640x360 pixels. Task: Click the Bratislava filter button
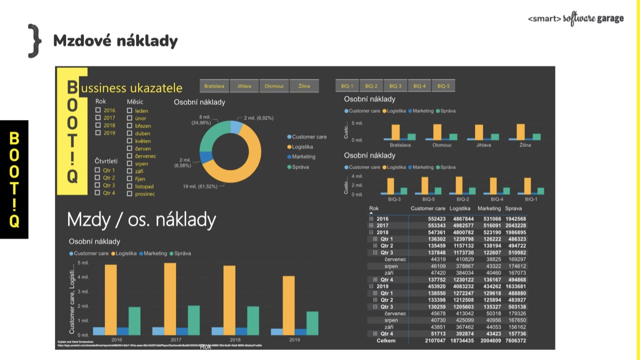[x=214, y=86]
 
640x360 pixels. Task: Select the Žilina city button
[x=304, y=86]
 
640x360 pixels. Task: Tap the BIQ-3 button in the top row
[x=395, y=86]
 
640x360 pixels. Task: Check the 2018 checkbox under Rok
[x=98, y=125]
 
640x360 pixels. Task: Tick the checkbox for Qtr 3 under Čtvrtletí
[x=98, y=185]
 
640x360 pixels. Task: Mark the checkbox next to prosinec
[x=129, y=193]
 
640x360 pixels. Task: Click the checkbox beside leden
[x=129, y=110]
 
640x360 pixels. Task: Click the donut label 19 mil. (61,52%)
[x=200, y=186]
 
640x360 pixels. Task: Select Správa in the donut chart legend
[x=300, y=167]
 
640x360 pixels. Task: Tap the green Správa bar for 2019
[x=312, y=323]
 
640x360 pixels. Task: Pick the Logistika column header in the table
[x=460, y=208]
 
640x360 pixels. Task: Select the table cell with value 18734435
[x=461, y=340]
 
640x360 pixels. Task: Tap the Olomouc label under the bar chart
[x=442, y=145]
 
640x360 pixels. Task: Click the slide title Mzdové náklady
[x=115, y=40]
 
